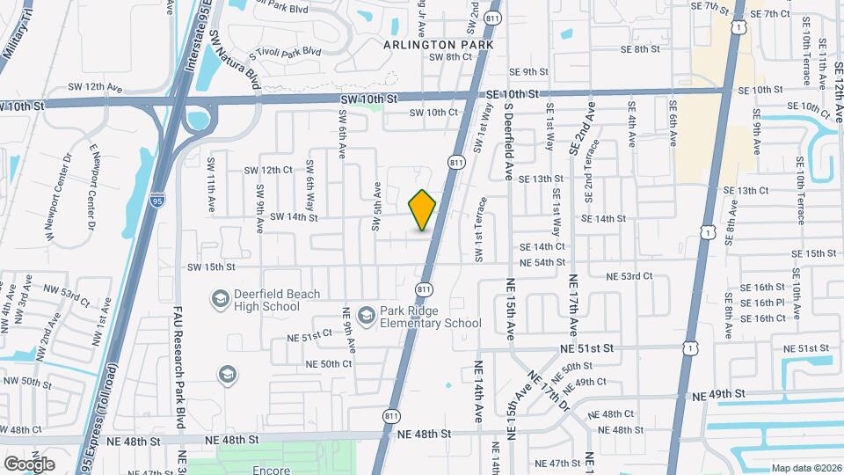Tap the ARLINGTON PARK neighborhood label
pos(438,44)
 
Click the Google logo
pos(29,464)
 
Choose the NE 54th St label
pos(542,262)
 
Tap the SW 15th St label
pos(211,267)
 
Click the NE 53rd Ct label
pos(629,276)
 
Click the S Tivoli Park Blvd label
pos(285,53)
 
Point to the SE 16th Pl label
pos(762,303)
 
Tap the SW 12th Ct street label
pos(267,170)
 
